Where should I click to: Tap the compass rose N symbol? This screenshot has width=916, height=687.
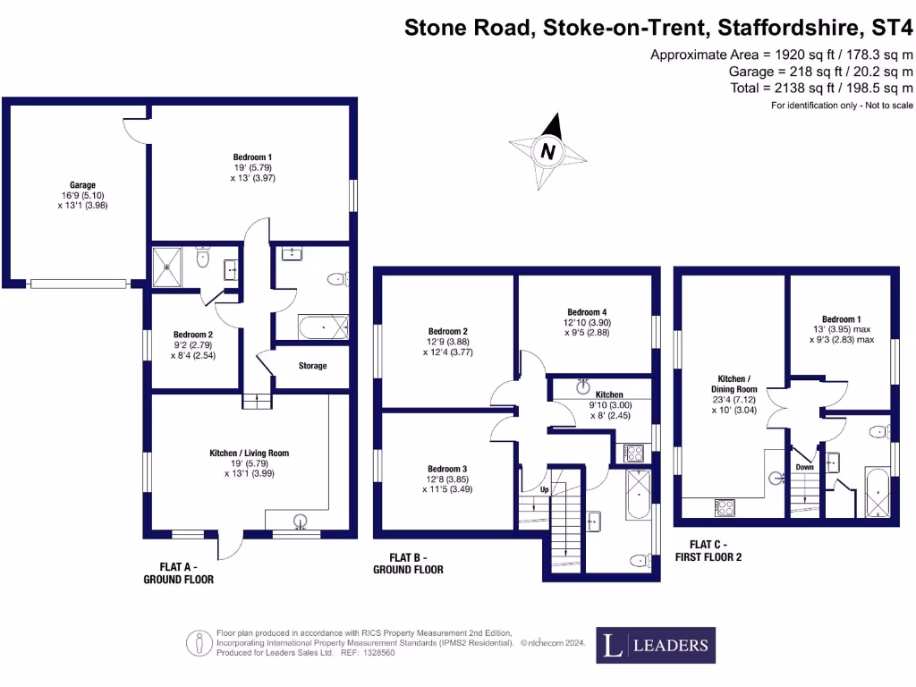point(548,151)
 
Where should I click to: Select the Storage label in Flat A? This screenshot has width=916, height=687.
point(312,366)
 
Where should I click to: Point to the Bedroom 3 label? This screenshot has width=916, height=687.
point(446,469)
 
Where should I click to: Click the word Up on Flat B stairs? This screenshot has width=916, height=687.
point(531,490)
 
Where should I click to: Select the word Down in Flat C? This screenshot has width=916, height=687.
point(804,467)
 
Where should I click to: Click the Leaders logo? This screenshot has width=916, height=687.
point(656,645)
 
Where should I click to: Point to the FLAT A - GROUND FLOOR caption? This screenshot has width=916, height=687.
point(179,573)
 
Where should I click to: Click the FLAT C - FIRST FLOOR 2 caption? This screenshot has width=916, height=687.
point(715,550)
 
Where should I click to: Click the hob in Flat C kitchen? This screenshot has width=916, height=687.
point(724,507)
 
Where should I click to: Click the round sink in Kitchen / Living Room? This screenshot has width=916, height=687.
point(298,520)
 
